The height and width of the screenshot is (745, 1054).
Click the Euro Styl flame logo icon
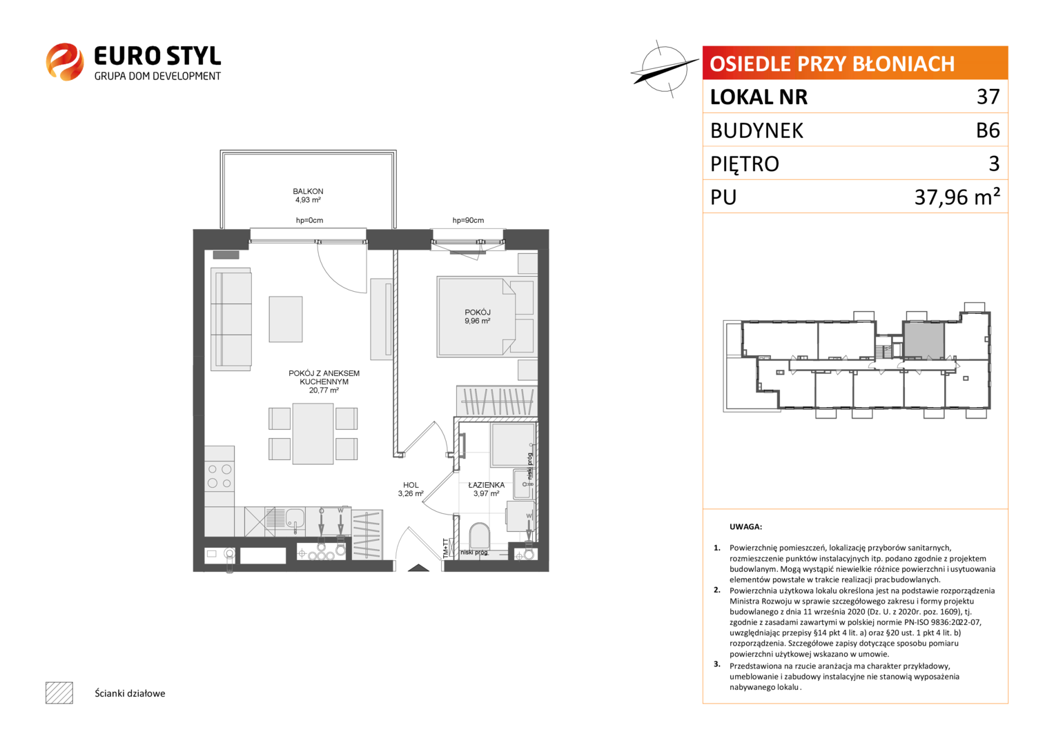(65, 61)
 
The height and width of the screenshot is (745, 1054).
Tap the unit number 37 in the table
(988, 97)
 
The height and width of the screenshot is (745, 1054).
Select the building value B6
(988, 130)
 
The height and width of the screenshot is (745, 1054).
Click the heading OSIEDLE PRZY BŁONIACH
(832, 63)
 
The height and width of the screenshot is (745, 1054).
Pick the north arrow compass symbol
(664, 70)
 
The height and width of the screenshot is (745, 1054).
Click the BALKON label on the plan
(308, 192)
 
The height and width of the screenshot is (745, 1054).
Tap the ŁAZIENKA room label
(486, 485)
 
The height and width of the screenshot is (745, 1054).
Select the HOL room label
(410, 485)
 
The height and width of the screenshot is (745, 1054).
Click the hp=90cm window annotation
(468, 220)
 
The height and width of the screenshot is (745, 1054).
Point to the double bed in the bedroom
(487, 317)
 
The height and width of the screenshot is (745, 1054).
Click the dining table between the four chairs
(313, 434)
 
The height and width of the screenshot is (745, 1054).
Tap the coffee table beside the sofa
(286, 319)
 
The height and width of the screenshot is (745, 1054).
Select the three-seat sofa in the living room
(231, 319)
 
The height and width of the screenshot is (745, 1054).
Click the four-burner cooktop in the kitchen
(219, 476)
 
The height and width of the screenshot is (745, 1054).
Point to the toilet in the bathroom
(480, 536)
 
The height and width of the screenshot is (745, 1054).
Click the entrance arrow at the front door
(418, 568)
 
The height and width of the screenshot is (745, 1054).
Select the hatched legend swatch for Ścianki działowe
(59, 693)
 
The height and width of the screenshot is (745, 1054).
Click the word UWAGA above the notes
(745, 527)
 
